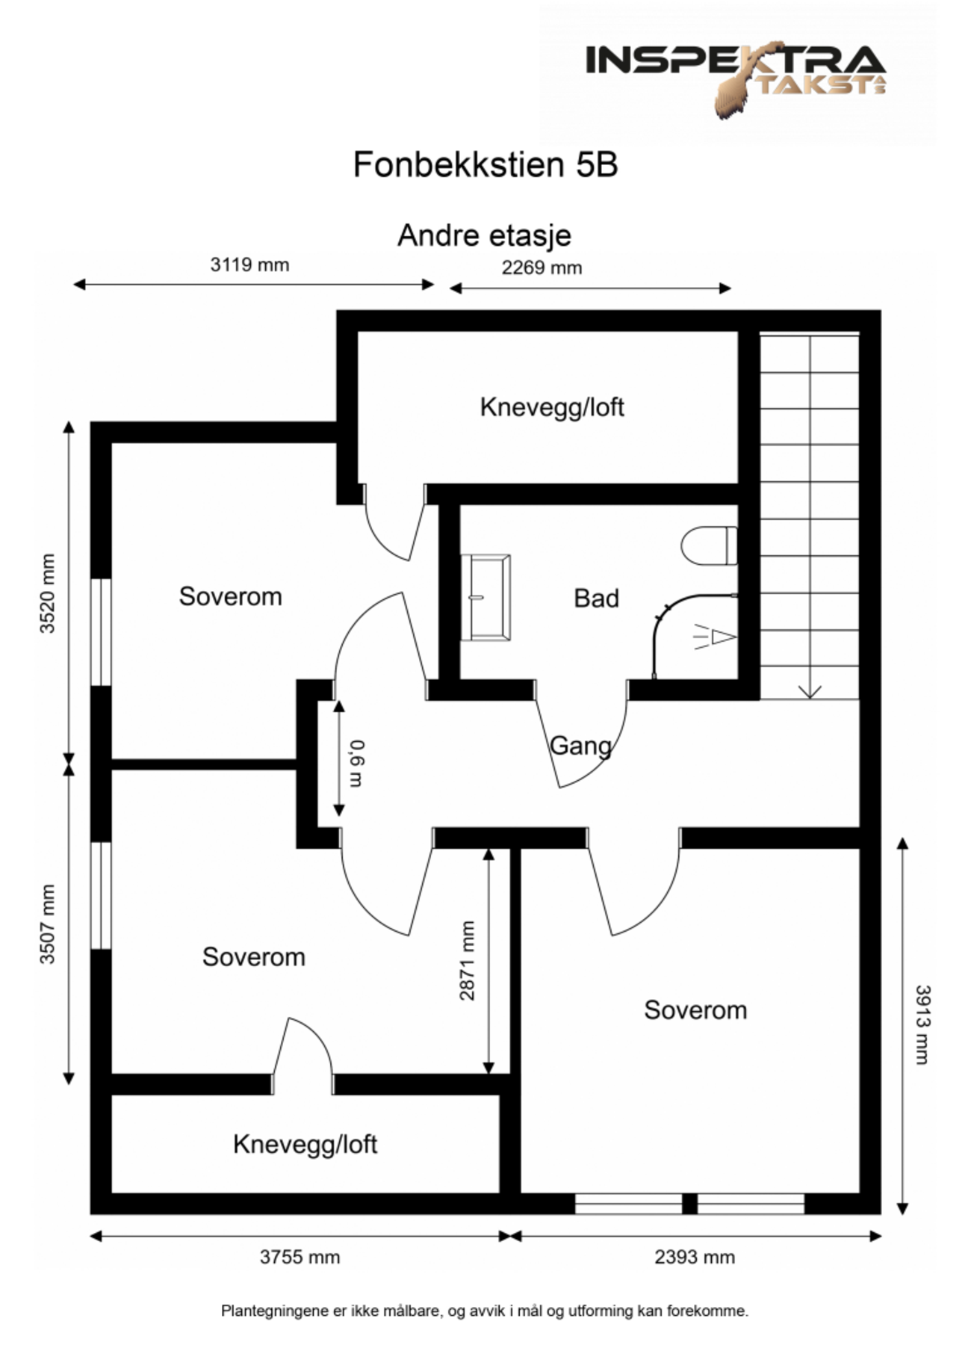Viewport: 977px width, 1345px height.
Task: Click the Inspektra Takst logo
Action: coord(736,75)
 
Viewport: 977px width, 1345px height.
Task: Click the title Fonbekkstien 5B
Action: coord(486,165)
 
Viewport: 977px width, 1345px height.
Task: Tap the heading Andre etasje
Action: coord(484,235)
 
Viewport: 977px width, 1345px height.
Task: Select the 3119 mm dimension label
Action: coord(249,265)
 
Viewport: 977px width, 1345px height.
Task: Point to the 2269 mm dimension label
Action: coord(542,268)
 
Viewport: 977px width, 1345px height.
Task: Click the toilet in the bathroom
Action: coord(709,546)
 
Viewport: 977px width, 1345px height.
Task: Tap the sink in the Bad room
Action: coord(486,597)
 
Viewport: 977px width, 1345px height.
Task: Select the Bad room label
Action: coord(596,599)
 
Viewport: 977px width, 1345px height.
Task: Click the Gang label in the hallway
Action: coord(580,746)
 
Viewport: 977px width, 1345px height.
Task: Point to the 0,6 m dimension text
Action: coord(356,763)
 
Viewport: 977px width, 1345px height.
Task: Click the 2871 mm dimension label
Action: coord(467,960)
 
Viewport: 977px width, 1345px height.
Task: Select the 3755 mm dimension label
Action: coord(300,1257)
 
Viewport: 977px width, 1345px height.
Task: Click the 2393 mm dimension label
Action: coord(695,1257)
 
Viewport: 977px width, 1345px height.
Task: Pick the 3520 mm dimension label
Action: coord(48,593)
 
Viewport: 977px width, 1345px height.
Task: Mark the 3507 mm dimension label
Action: coord(48,924)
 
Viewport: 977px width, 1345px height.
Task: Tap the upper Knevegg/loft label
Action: coord(551,407)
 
